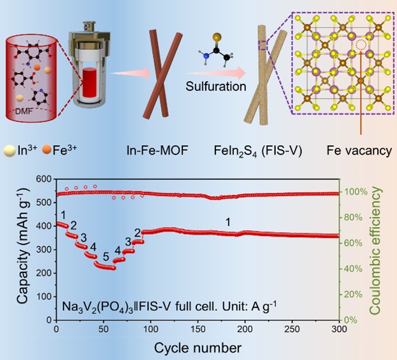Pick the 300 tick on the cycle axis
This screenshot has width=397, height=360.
click(338, 329)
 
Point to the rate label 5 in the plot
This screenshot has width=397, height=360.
click(106, 256)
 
